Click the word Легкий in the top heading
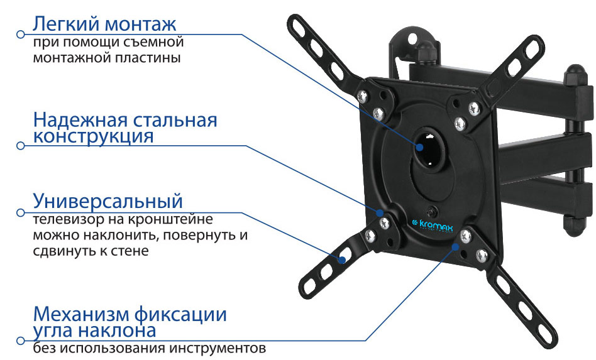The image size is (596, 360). pyautogui.click(x=66, y=23)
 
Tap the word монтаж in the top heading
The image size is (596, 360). pyautogui.click(x=141, y=25)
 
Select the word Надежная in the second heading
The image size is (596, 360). pyautogui.click(x=80, y=119)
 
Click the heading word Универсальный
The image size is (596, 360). pyautogui.click(x=108, y=201)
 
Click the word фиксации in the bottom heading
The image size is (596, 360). pyautogui.click(x=181, y=314)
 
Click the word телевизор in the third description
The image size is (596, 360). pyautogui.click(x=67, y=219)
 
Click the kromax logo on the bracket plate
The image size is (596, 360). pyautogui.click(x=433, y=226)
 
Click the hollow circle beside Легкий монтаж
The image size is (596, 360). pyautogui.click(x=21, y=34)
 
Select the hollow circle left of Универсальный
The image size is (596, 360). pyautogui.click(x=21, y=212)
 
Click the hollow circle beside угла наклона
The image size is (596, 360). pyautogui.click(x=21, y=341)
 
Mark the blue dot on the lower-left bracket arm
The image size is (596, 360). pyautogui.click(x=342, y=260)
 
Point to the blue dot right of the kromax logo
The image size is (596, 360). pyautogui.click(x=455, y=246)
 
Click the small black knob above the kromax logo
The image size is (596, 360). pyautogui.click(x=432, y=211)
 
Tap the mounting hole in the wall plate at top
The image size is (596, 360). pyautogui.click(x=412, y=38)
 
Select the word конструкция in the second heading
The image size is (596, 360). pyautogui.click(x=94, y=136)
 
